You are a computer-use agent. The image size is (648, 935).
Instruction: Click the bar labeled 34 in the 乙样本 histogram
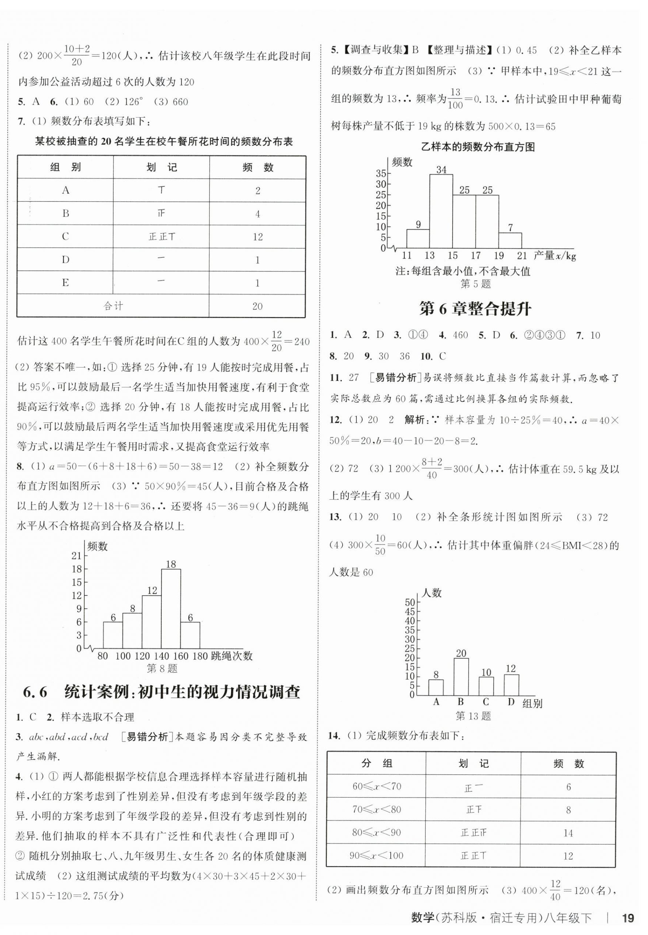tap(441, 211)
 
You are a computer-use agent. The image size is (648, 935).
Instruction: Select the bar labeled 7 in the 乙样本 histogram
tap(510, 241)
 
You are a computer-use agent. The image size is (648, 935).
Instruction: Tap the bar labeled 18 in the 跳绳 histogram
tap(171, 609)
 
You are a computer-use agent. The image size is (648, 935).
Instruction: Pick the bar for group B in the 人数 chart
tap(461, 677)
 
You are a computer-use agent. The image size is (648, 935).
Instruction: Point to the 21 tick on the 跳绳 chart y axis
tap(76, 556)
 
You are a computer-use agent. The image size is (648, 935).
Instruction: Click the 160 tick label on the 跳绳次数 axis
tap(180, 656)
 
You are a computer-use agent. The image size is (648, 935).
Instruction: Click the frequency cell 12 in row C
tap(257, 237)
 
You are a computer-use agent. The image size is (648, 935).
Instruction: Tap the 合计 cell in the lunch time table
tap(113, 306)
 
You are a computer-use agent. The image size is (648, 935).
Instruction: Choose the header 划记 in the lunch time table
tap(161, 167)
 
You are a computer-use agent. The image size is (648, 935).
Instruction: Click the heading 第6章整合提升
tap(475, 310)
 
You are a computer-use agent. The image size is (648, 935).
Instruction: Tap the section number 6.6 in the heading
tap(35, 692)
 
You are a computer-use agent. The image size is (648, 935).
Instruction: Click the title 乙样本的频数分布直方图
tap(477, 147)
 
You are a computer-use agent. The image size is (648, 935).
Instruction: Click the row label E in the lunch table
tap(65, 283)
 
